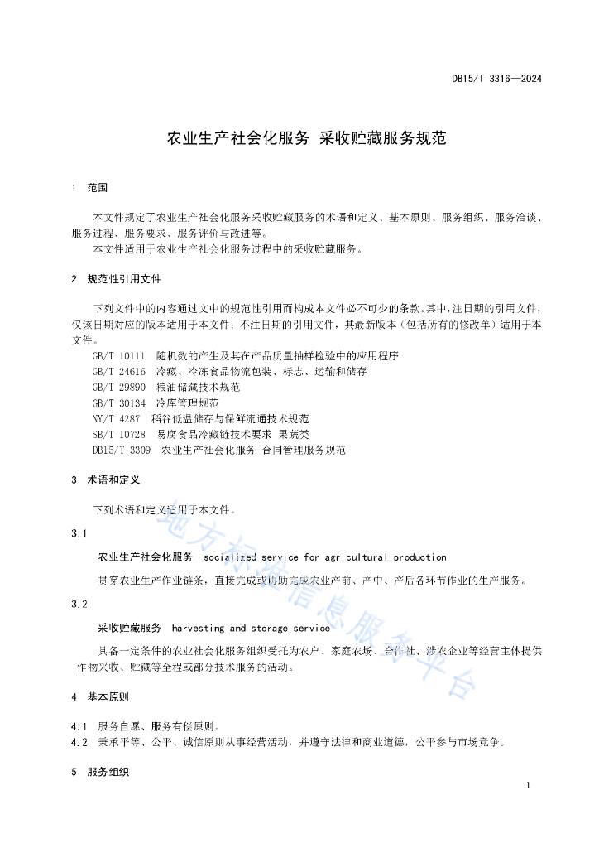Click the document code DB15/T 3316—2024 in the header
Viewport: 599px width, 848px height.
[496, 79]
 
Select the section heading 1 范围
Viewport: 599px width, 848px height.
[90, 189]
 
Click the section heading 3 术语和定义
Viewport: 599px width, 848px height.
[106, 479]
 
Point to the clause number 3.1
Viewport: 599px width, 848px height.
[79, 533]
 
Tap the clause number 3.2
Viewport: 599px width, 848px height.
[79, 605]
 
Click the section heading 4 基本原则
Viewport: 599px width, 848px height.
[106, 697]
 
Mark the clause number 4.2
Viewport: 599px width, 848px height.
[79, 742]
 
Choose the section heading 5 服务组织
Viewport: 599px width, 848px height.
[106, 772]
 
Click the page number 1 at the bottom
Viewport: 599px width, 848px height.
[527, 785]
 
